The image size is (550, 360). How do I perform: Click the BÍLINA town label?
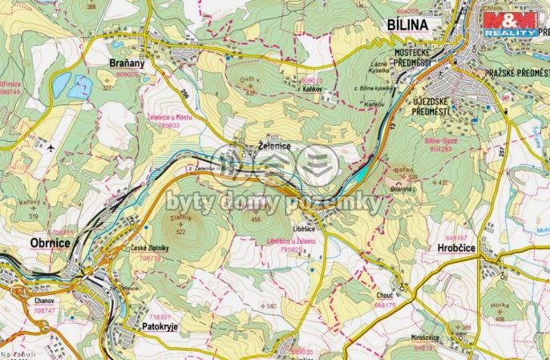tap(412, 25)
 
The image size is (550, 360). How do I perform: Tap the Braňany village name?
tap(126, 61)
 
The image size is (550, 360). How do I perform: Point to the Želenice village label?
tap(273, 147)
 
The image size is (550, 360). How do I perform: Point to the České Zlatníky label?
tap(150, 249)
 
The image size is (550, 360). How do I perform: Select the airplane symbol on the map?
tap(51, 148)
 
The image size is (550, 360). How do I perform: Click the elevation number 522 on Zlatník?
tap(180, 232)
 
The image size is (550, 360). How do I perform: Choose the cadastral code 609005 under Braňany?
tap(127, 74)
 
